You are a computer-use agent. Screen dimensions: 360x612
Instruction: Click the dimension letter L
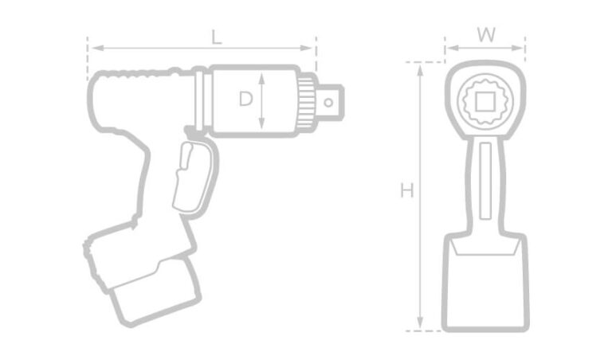[x=216, y=37]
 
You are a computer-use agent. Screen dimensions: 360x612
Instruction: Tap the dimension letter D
[x=246, y=100]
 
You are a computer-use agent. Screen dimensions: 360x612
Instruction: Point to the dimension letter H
[x=407, y=191]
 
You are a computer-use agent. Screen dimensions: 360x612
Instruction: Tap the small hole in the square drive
[x=328, y=101]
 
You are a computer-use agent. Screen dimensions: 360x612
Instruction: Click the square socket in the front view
[x=484, y=101]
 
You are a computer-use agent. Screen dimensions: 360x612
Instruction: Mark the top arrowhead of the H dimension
[x=420, y=67]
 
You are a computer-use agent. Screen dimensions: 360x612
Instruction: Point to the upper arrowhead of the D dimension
[x=262, y=76]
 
